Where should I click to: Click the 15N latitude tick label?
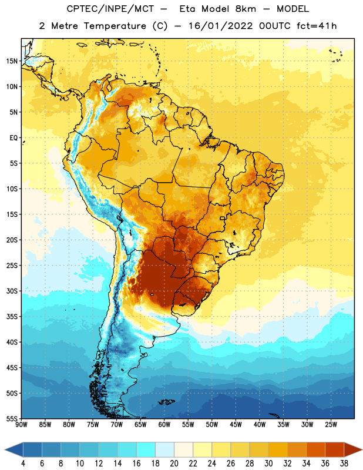12,61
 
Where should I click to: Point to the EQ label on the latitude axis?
14,138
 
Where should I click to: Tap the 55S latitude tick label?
12,419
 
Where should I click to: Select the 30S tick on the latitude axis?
12,291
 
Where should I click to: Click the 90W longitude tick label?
21,424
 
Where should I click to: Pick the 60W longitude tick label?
164,424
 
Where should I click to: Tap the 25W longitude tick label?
331,424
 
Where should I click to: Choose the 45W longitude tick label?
236,424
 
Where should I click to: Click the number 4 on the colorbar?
23,463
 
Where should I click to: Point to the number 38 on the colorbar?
344,463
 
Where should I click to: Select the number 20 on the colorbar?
174,463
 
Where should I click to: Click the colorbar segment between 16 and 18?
146,450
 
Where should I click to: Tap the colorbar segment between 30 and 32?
278,450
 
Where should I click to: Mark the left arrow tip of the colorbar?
5,450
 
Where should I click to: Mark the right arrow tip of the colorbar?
362,450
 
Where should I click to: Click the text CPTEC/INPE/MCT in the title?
110,9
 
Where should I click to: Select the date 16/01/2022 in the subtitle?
221,26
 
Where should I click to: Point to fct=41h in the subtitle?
317,26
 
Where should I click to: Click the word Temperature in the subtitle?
115,26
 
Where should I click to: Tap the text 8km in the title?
246,9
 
